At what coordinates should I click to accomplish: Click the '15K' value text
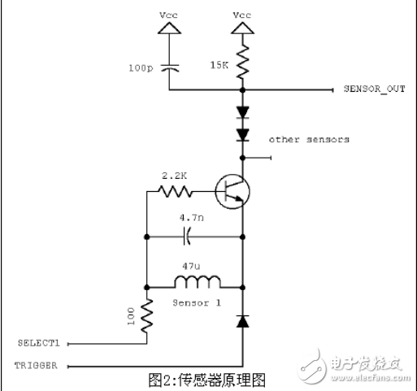click(219, 64)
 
